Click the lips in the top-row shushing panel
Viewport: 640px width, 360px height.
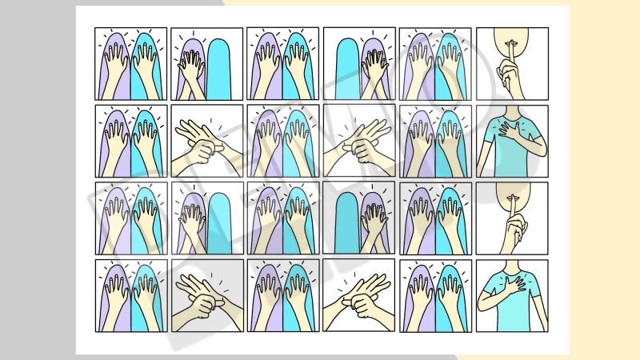tap(511, 42)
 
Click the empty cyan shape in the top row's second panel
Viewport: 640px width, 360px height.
tap(218, 69)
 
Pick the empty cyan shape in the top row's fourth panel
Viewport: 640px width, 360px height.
tap(347, 69)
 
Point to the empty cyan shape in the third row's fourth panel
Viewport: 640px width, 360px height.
tap(347, 223)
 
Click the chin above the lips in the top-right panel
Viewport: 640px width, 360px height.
tap(511, 34)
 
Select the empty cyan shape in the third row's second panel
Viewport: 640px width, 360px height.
tap(219, 223)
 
